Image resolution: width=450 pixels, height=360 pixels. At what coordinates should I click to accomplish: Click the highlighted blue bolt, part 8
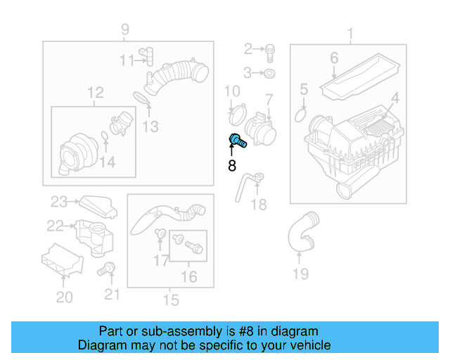237,140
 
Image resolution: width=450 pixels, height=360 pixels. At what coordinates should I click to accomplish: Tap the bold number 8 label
232,166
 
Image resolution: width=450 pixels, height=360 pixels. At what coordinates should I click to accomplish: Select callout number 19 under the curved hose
300,274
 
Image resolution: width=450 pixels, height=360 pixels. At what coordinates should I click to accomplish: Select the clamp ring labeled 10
238,112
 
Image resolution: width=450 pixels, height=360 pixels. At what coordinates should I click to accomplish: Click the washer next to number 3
270,73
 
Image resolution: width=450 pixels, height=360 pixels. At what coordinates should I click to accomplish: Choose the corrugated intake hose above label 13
176,77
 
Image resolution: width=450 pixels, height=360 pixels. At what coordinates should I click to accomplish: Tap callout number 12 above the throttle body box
95,92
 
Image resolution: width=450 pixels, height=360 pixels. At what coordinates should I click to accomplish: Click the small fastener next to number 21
108,268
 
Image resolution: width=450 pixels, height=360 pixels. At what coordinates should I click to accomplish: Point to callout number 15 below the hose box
170,301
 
